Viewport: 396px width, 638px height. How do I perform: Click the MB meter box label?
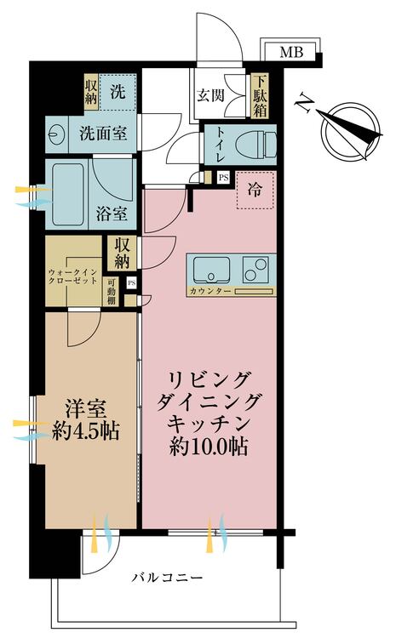[x=291, y=53]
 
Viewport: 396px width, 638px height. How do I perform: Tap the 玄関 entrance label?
[x=210, y=95]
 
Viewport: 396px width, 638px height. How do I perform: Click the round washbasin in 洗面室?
[x=59, y=134]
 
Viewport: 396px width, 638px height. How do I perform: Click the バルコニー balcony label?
[x=167, y=578]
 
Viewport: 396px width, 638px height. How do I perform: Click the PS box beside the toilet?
[x=222, y=178]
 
